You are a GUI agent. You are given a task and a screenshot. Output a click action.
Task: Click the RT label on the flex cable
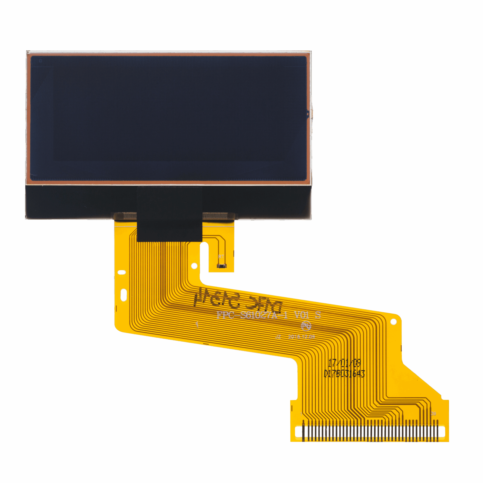[x=221, y=257]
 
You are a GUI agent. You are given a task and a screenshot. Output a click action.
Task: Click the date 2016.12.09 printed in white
[x=301, y=337]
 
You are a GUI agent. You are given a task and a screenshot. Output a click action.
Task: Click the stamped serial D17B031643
[x=344, y=374]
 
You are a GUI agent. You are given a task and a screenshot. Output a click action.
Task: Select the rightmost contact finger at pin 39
[x=437, y=431]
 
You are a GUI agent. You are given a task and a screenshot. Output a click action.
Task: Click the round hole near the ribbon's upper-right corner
[x=393, y=322]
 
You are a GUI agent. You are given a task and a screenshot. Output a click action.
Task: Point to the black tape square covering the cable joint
[x=169, y=214]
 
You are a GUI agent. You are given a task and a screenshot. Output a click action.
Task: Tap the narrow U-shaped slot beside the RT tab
[x=205, y=258]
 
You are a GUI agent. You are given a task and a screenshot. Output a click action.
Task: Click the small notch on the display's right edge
[x=308, y=114]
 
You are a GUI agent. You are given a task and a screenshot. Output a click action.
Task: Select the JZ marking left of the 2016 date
[x=278, y=337]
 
